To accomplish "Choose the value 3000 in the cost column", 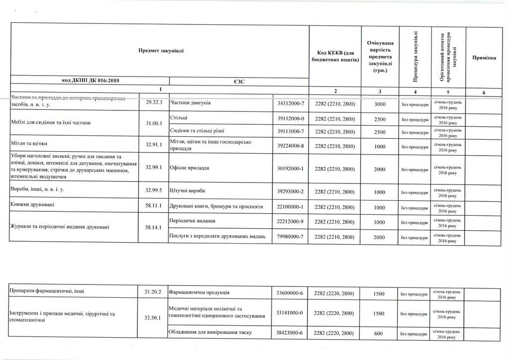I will [380, 104].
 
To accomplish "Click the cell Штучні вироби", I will [187, 191].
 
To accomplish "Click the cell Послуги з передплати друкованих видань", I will [218, 237].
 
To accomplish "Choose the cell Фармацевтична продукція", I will [199, 293].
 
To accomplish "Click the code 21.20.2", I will [153, 292].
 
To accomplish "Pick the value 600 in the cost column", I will [379, 333].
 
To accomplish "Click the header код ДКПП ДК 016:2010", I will [90, 80].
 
